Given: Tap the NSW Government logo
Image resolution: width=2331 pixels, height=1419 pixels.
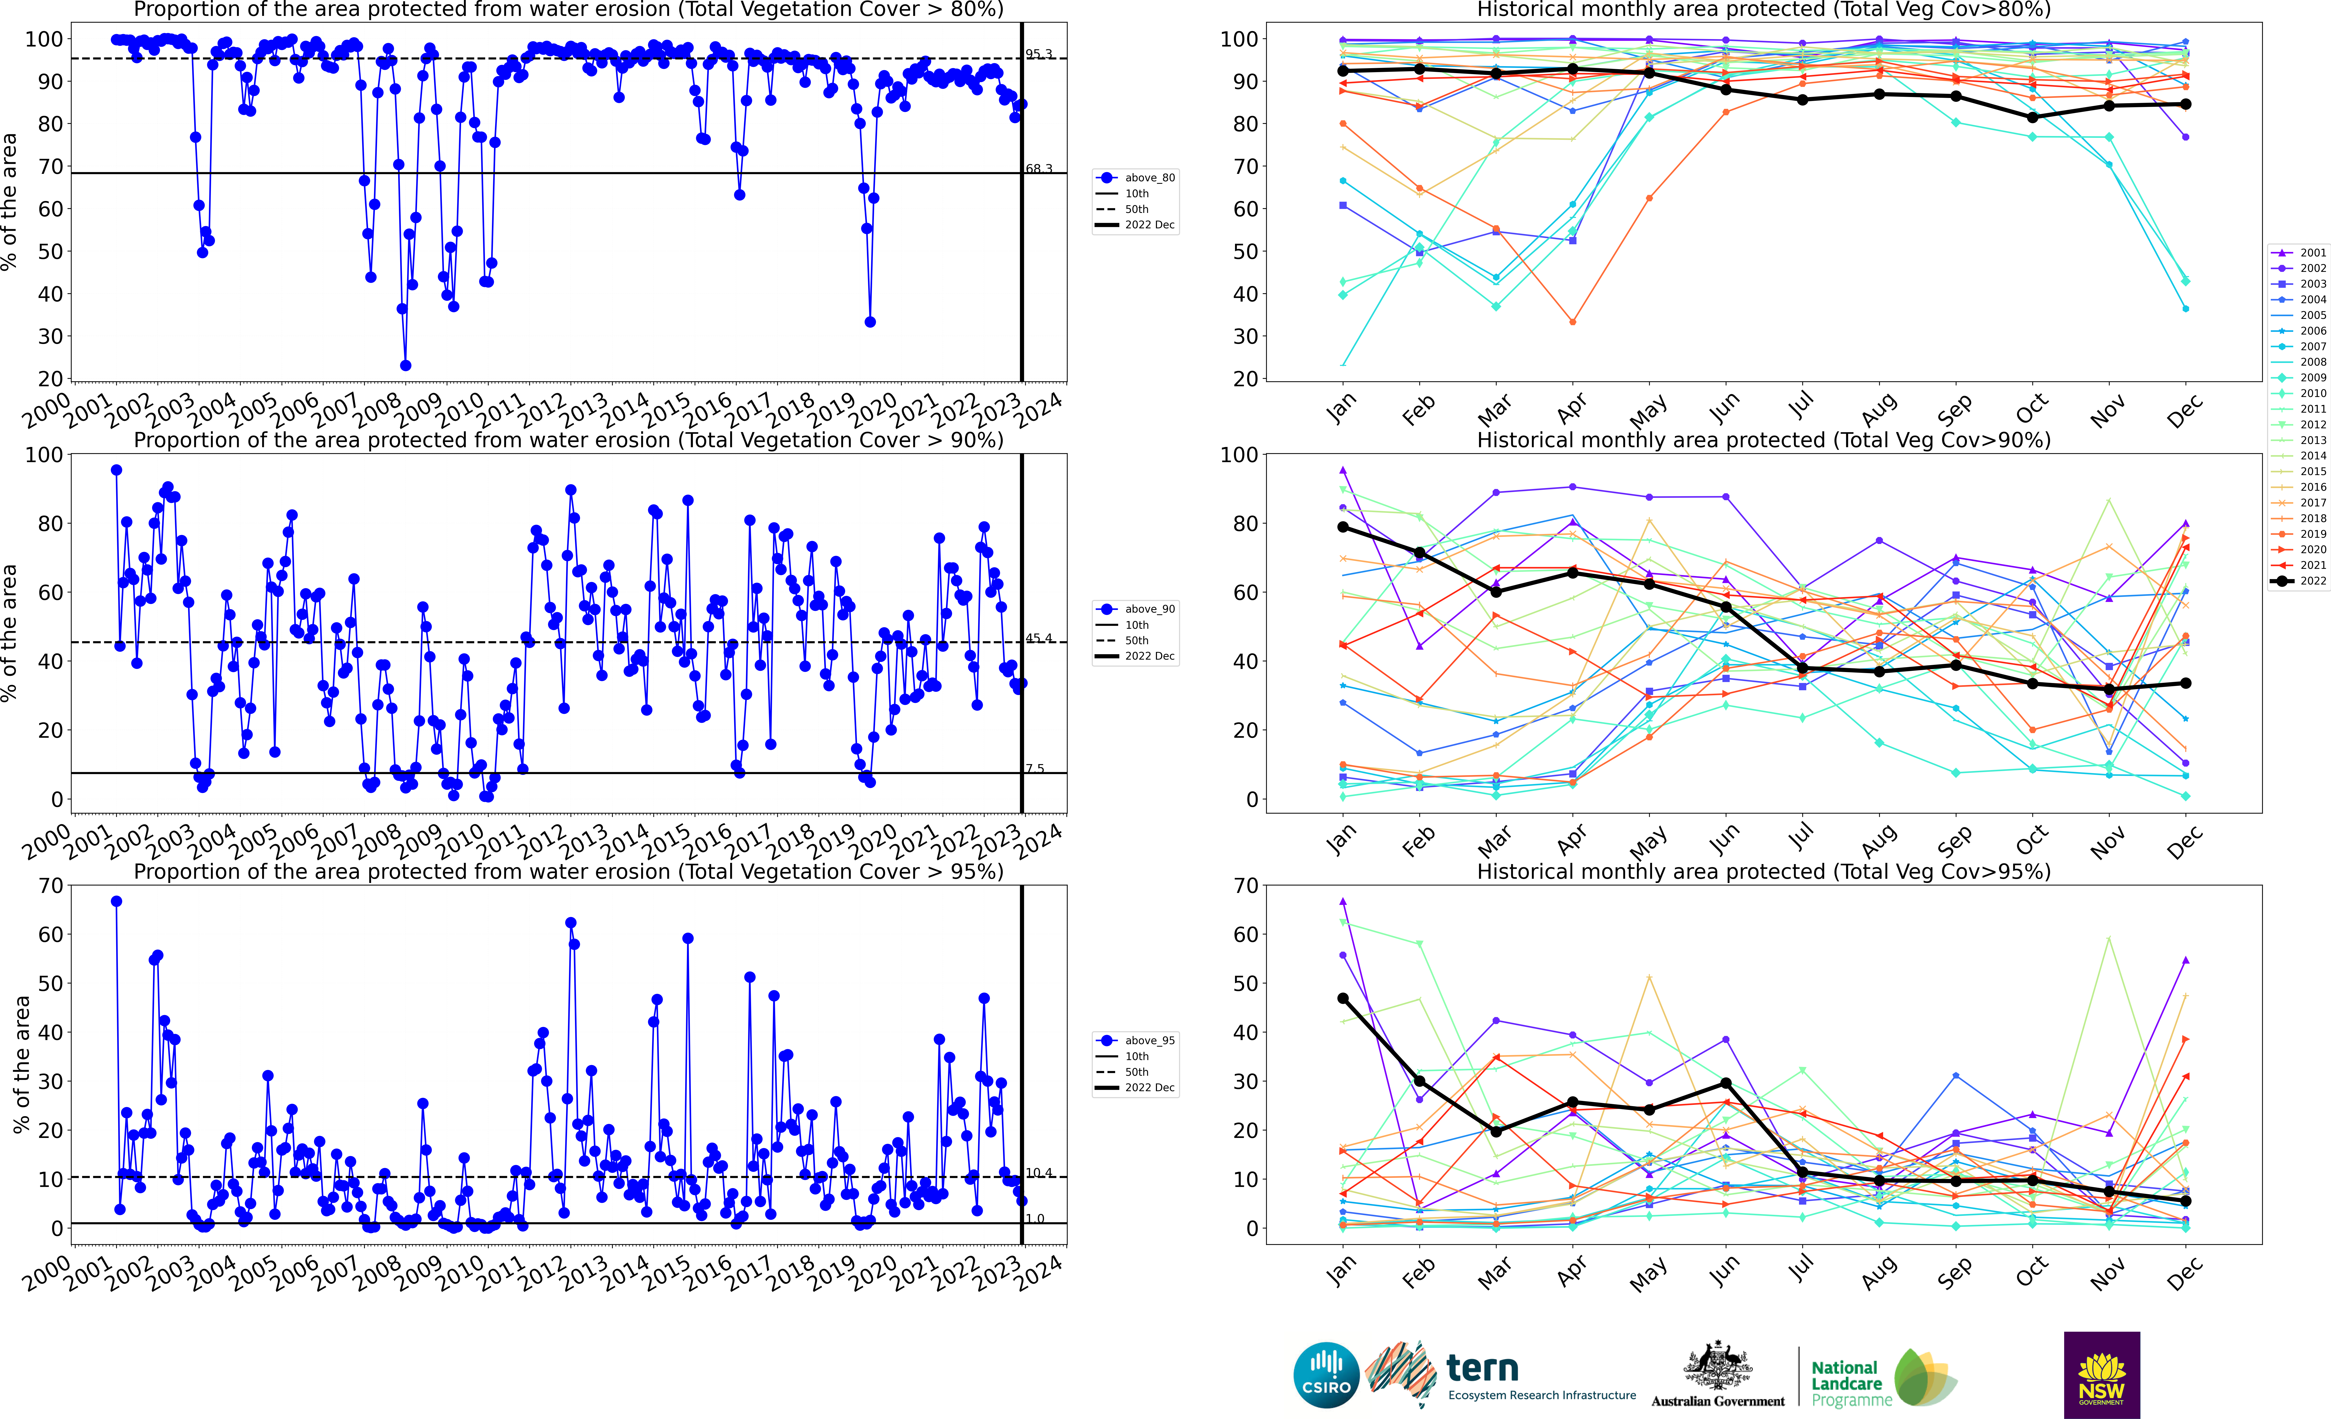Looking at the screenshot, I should pyautogui.click(x=2101, y=1374).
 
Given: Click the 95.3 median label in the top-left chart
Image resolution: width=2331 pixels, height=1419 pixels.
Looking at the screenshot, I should pyautogui.click(x=1039, y=54).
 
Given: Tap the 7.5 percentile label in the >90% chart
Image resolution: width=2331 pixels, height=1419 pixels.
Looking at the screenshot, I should pyautogui.click(x=1035, y=768).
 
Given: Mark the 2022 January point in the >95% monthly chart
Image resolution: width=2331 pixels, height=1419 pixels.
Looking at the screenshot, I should pyautogui.click(x=1343, y=998).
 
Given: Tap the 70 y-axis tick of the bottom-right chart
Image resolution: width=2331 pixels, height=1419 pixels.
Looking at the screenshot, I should pyautogui.click(x=1245, y=886).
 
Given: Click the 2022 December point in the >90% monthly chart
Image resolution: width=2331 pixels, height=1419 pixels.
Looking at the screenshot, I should pyautogui.click(x=2185, y=683).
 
